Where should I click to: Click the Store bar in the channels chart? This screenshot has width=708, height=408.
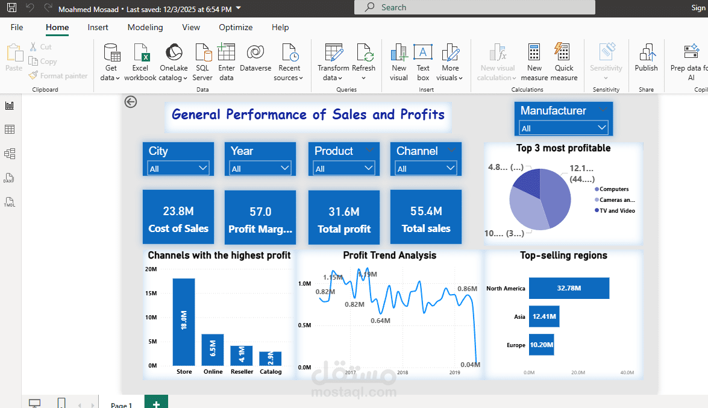tap(184, 322)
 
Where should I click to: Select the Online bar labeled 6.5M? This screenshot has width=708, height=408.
tap(213, 350)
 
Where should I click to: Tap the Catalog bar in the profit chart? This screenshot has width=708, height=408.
tap(271, 359)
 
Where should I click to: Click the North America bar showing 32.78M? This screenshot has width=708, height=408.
tap(569, 288)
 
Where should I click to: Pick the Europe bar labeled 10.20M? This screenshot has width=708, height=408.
tap(541, 345)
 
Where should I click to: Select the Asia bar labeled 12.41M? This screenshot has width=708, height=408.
tap(544, 316)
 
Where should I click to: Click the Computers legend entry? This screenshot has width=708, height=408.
tap(614, 189)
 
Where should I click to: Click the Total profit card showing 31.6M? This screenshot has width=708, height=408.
tap(344, 218)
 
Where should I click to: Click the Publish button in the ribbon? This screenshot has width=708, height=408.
tap(646, 58)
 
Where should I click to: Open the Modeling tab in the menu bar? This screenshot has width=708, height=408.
tap(145, 27)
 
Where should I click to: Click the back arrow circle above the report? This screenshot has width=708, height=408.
tap(131, 102)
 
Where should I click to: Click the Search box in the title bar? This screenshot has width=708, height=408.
tap(475, 7)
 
